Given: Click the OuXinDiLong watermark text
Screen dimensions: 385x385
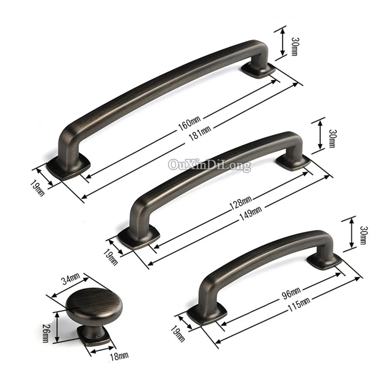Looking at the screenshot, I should tap(209, 166).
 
